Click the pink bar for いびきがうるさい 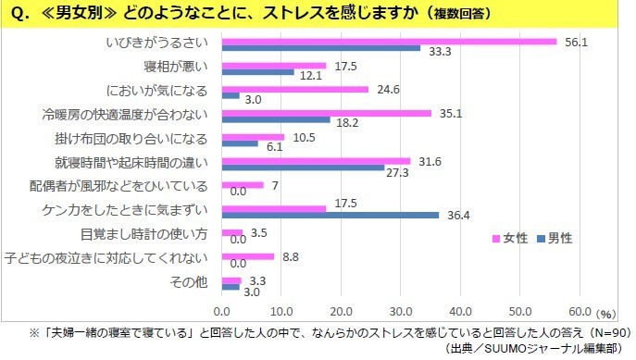[389, 41]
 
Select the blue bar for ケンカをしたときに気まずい [330, 215]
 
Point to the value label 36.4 [453, 215]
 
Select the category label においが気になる [173, 91]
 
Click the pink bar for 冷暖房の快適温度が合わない [327, 113]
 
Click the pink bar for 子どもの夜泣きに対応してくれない [248, 256]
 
